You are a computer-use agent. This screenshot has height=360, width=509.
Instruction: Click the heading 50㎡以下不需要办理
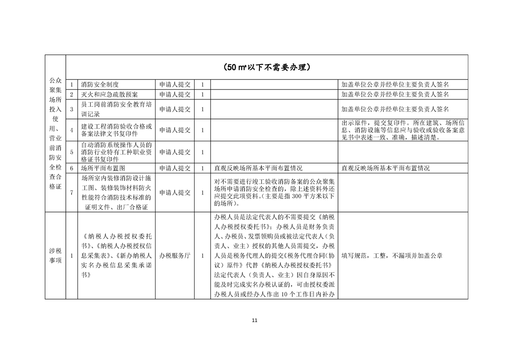(x=267, y=68)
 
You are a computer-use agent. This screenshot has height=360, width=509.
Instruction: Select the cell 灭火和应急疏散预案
(x=109, y=94)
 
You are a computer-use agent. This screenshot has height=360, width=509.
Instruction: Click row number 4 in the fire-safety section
(x=72, y=130)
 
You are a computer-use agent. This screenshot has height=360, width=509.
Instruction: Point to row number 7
(x=72, y=192)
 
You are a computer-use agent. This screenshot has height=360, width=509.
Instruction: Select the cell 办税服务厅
(x=175, y=256)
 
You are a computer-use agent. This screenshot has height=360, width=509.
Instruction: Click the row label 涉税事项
(x=55, y=256)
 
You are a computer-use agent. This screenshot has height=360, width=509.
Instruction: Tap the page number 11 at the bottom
(x=254, y=321)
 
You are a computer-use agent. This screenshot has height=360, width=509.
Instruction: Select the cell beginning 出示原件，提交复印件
(x=403, y=130)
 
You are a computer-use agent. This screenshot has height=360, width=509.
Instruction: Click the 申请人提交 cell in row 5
(x=175, y=152)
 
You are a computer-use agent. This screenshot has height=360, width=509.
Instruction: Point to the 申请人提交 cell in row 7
(x=175, y=192)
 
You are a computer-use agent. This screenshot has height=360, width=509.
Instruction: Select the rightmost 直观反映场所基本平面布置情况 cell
(x=386, y=168)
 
